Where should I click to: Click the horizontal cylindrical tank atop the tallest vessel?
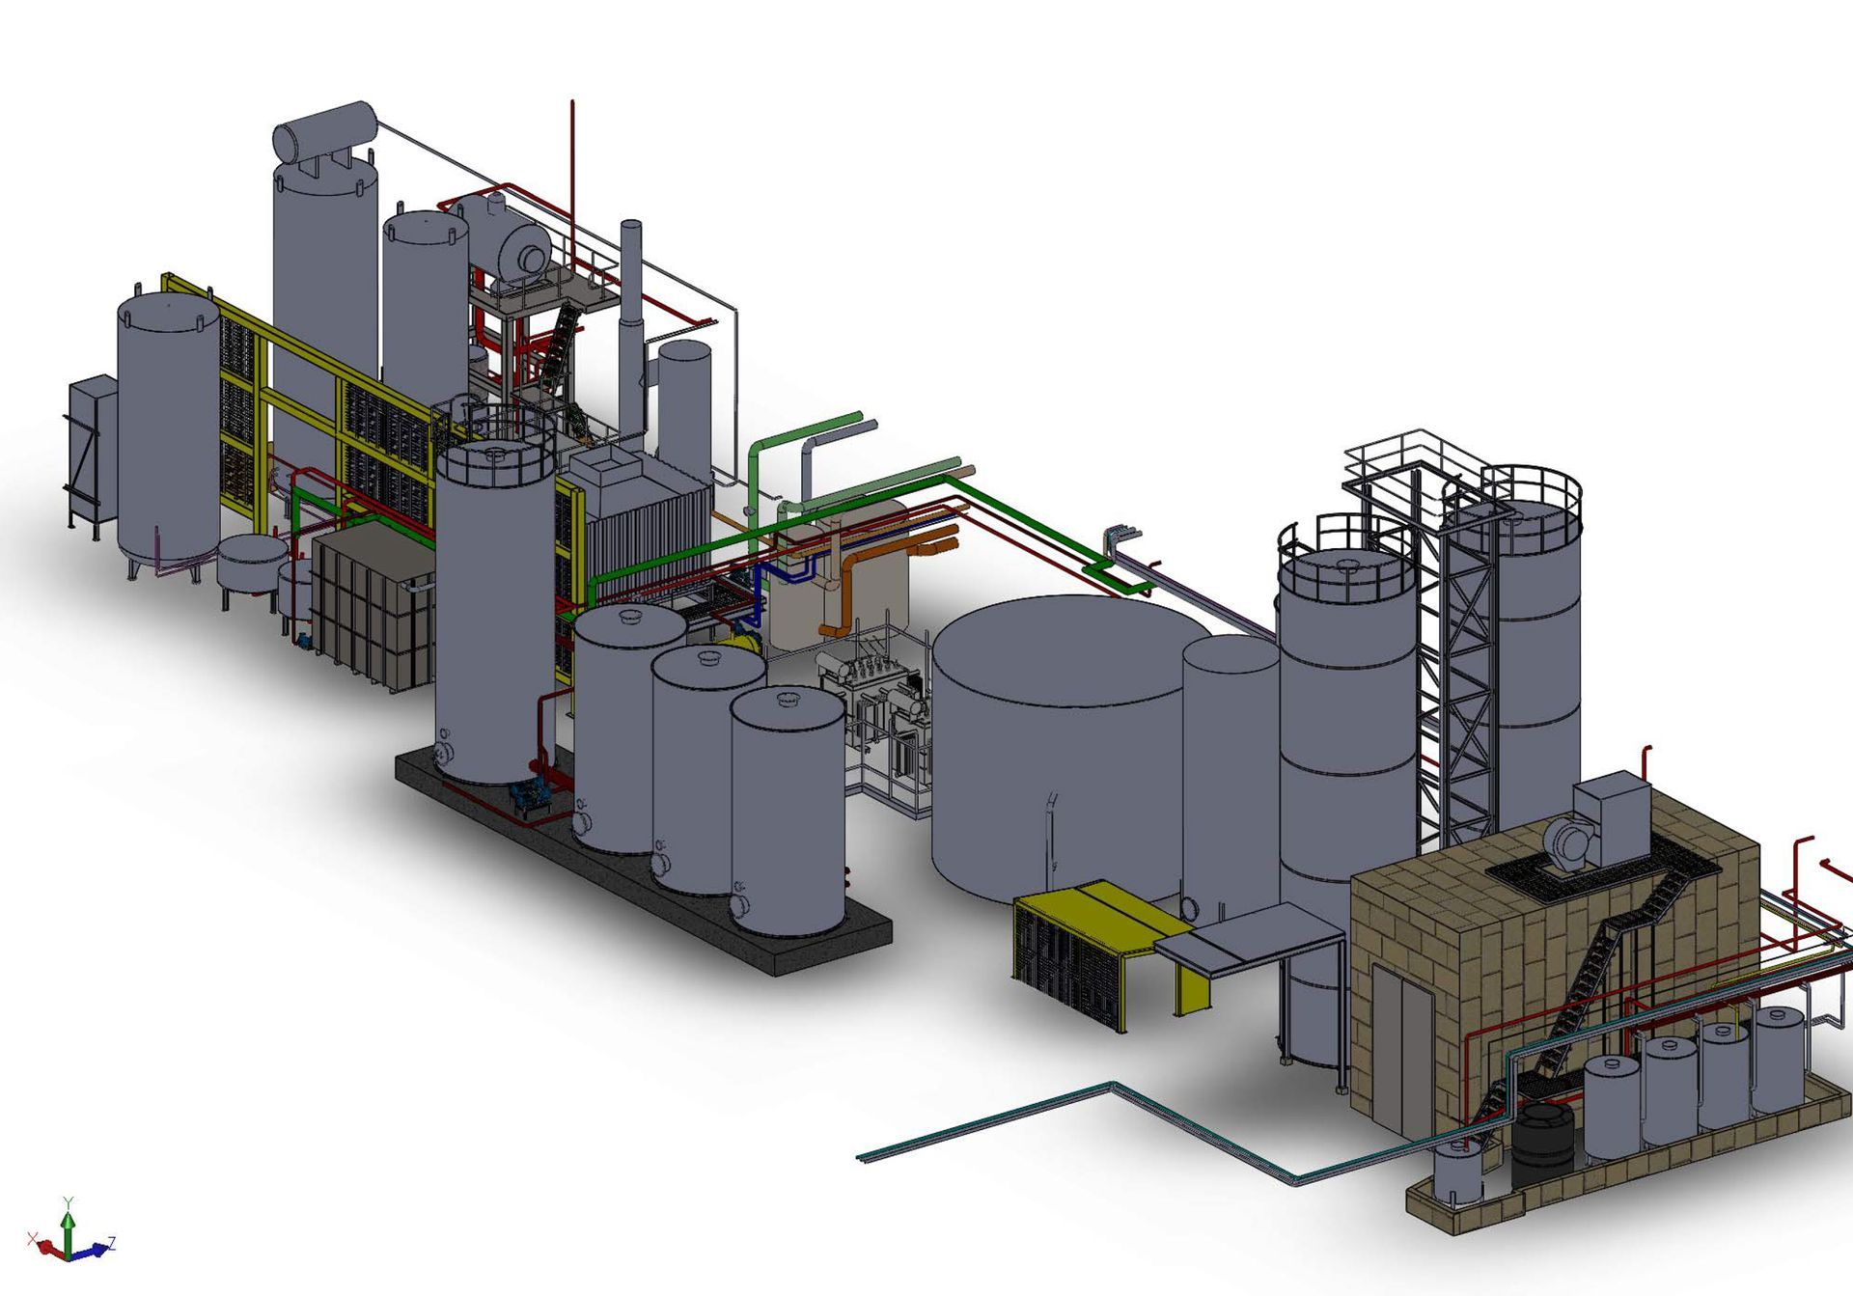click(325, 133)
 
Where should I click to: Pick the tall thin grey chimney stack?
click(631, 328)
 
